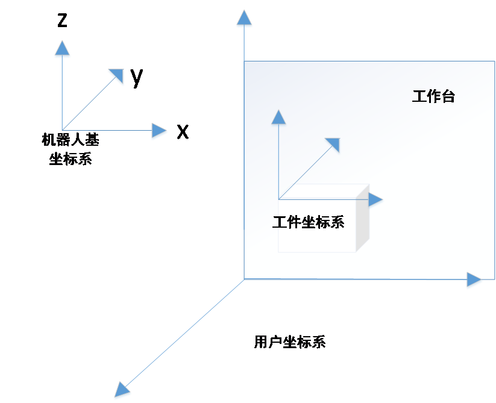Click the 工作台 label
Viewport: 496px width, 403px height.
[433, 96]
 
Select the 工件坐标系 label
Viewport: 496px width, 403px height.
[308, 222]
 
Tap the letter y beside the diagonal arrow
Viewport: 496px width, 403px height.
[136, 77]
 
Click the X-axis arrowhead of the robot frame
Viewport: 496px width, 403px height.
[160, 131]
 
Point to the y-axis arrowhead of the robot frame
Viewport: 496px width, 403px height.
[115, 76]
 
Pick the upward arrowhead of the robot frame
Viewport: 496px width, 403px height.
[62, 49]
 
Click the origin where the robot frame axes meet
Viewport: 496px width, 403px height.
[63, 130]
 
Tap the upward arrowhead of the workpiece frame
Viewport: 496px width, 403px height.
[278, 117]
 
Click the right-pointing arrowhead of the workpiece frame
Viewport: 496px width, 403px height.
[375, 199]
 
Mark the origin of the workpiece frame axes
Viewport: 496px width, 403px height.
[278, 199]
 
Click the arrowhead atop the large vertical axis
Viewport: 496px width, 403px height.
[244, 19]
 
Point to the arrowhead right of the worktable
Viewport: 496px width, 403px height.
[474, 281]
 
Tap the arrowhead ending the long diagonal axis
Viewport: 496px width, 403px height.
[122, 390]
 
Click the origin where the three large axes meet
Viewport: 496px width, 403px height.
[244, 279]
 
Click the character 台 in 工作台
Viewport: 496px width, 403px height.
[448, 96]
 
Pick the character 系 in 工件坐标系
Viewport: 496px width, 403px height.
[337, 222]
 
